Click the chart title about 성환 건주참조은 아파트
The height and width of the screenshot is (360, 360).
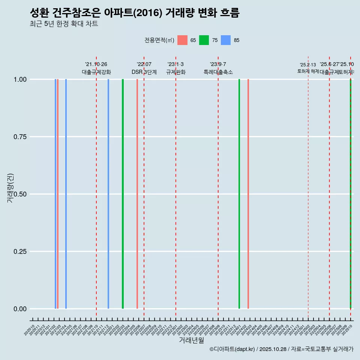(x=134, y=13)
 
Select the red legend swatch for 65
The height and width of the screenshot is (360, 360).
(x=182, y=40)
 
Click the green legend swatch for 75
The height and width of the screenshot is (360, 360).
(x=204, y=40)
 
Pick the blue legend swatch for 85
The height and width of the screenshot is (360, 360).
(x=226, y=40)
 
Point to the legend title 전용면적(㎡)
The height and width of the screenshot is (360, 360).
(x=159, y=40)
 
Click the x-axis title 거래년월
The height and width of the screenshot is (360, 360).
(x=191, y=340)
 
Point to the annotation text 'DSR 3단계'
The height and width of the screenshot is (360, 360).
(x=144, y=72)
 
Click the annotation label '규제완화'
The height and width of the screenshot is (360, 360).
(x=176, y=72)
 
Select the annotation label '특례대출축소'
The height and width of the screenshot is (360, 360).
(x=218, y=72)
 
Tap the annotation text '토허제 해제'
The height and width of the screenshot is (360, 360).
(x=308, y=71)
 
